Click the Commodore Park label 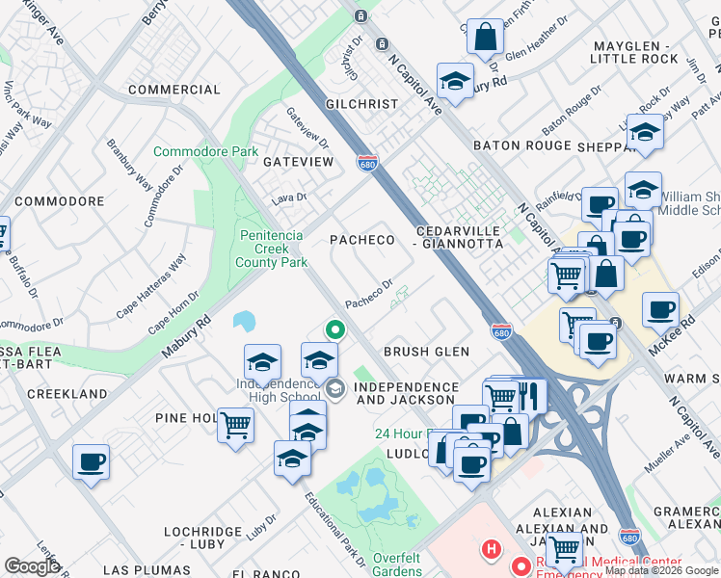206,152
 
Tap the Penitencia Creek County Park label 271,249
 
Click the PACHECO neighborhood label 363,239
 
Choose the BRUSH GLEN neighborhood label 427,353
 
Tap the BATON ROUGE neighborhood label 521,145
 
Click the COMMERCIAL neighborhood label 174,90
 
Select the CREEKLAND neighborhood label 67,394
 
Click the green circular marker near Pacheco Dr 335,329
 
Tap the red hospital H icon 491,550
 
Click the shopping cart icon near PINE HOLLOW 235,424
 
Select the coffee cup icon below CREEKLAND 91,461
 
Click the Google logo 32,566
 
